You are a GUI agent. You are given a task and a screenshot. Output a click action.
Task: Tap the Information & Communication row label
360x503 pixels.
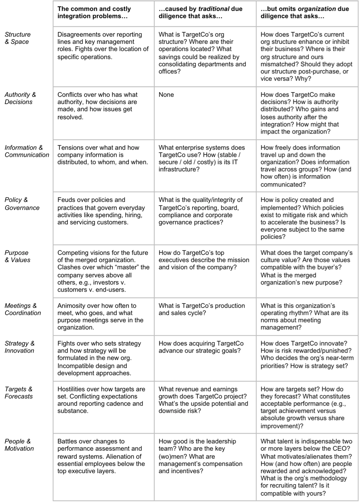click(26, 151)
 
